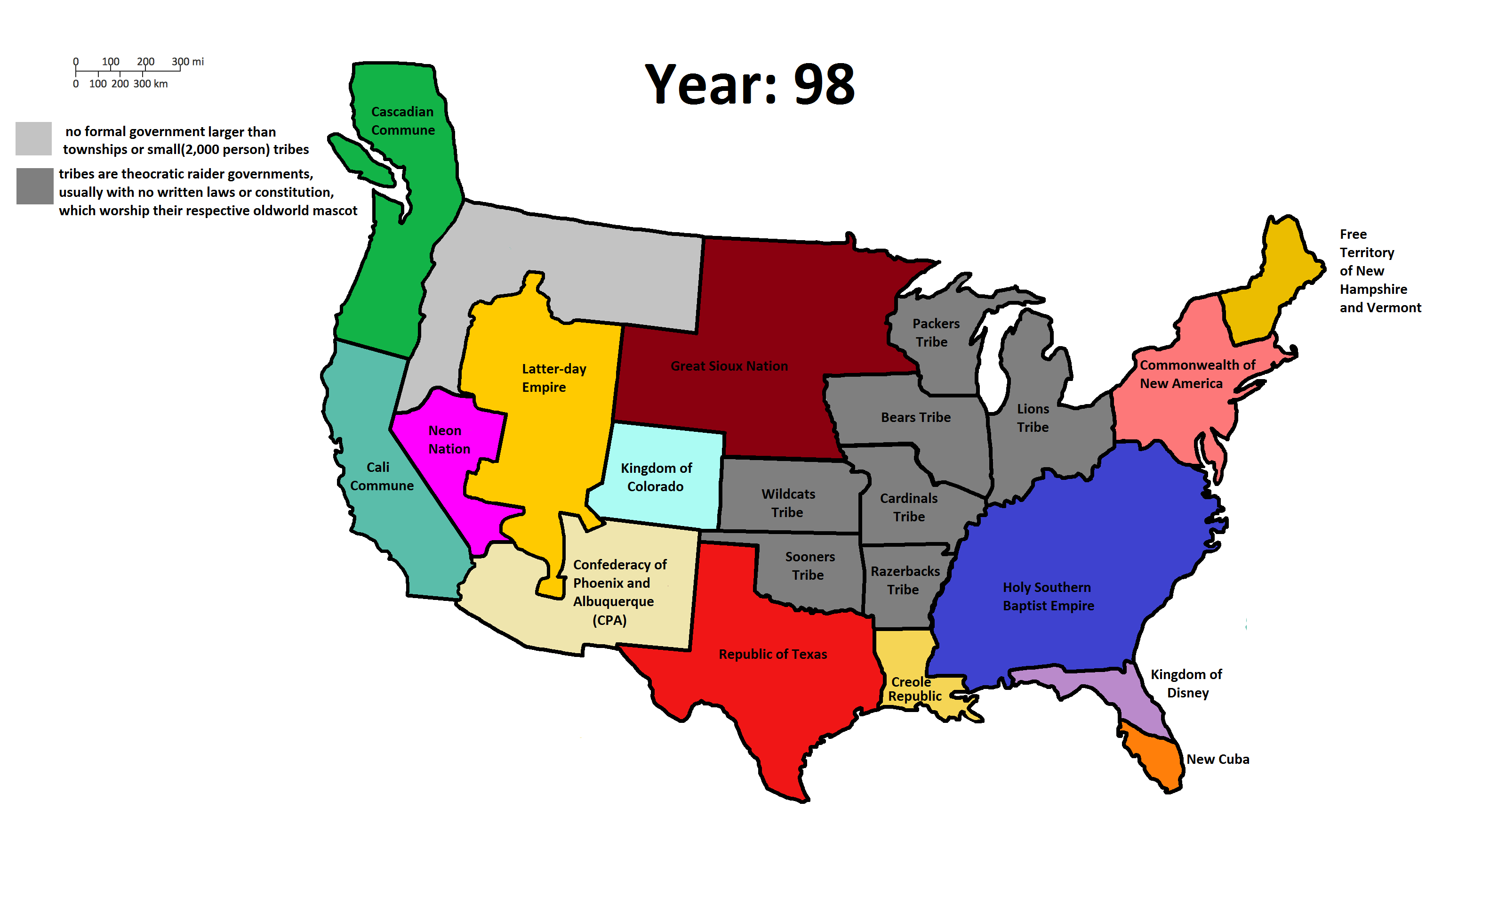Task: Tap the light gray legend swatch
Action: tap(33, 139)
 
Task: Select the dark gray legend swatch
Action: tap(35, 186)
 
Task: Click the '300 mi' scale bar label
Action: tap(188, 62)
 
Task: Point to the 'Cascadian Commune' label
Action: tap(403, 121)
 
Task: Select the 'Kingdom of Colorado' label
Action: tap(656, 477)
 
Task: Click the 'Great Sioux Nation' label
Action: tap(729, 366)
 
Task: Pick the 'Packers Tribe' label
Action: tap(935, 333)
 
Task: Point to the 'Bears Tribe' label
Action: tap(915, 418)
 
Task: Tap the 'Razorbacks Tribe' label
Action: tap(905, 581)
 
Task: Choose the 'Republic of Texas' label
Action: tap(773, 655)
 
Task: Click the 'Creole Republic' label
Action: tap(914, 689)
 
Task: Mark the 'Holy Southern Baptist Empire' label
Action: tap(1048, 596)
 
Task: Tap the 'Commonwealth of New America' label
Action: tap(1196, 374)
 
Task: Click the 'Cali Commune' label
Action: tap(381, 477)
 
